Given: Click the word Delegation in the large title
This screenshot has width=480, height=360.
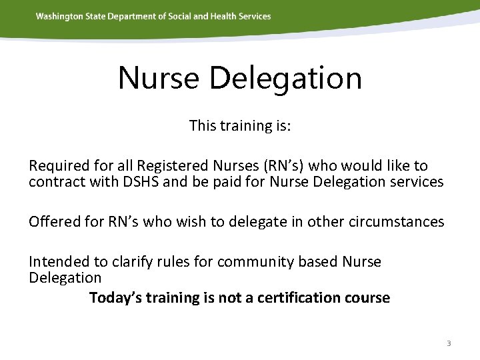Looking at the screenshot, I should click(x=285, y=78).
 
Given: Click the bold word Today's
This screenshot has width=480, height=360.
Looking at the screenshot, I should click(x=115, y=297).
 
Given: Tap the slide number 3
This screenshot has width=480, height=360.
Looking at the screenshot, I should click(x=449, y=343).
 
